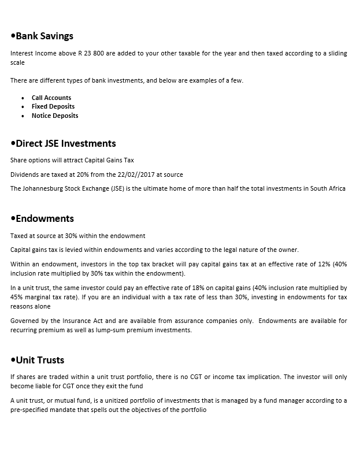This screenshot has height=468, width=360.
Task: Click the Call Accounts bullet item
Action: (51, 98)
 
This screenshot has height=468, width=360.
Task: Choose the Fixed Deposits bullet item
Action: (53, 106)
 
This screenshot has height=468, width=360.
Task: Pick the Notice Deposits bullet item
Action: (55, 116)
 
